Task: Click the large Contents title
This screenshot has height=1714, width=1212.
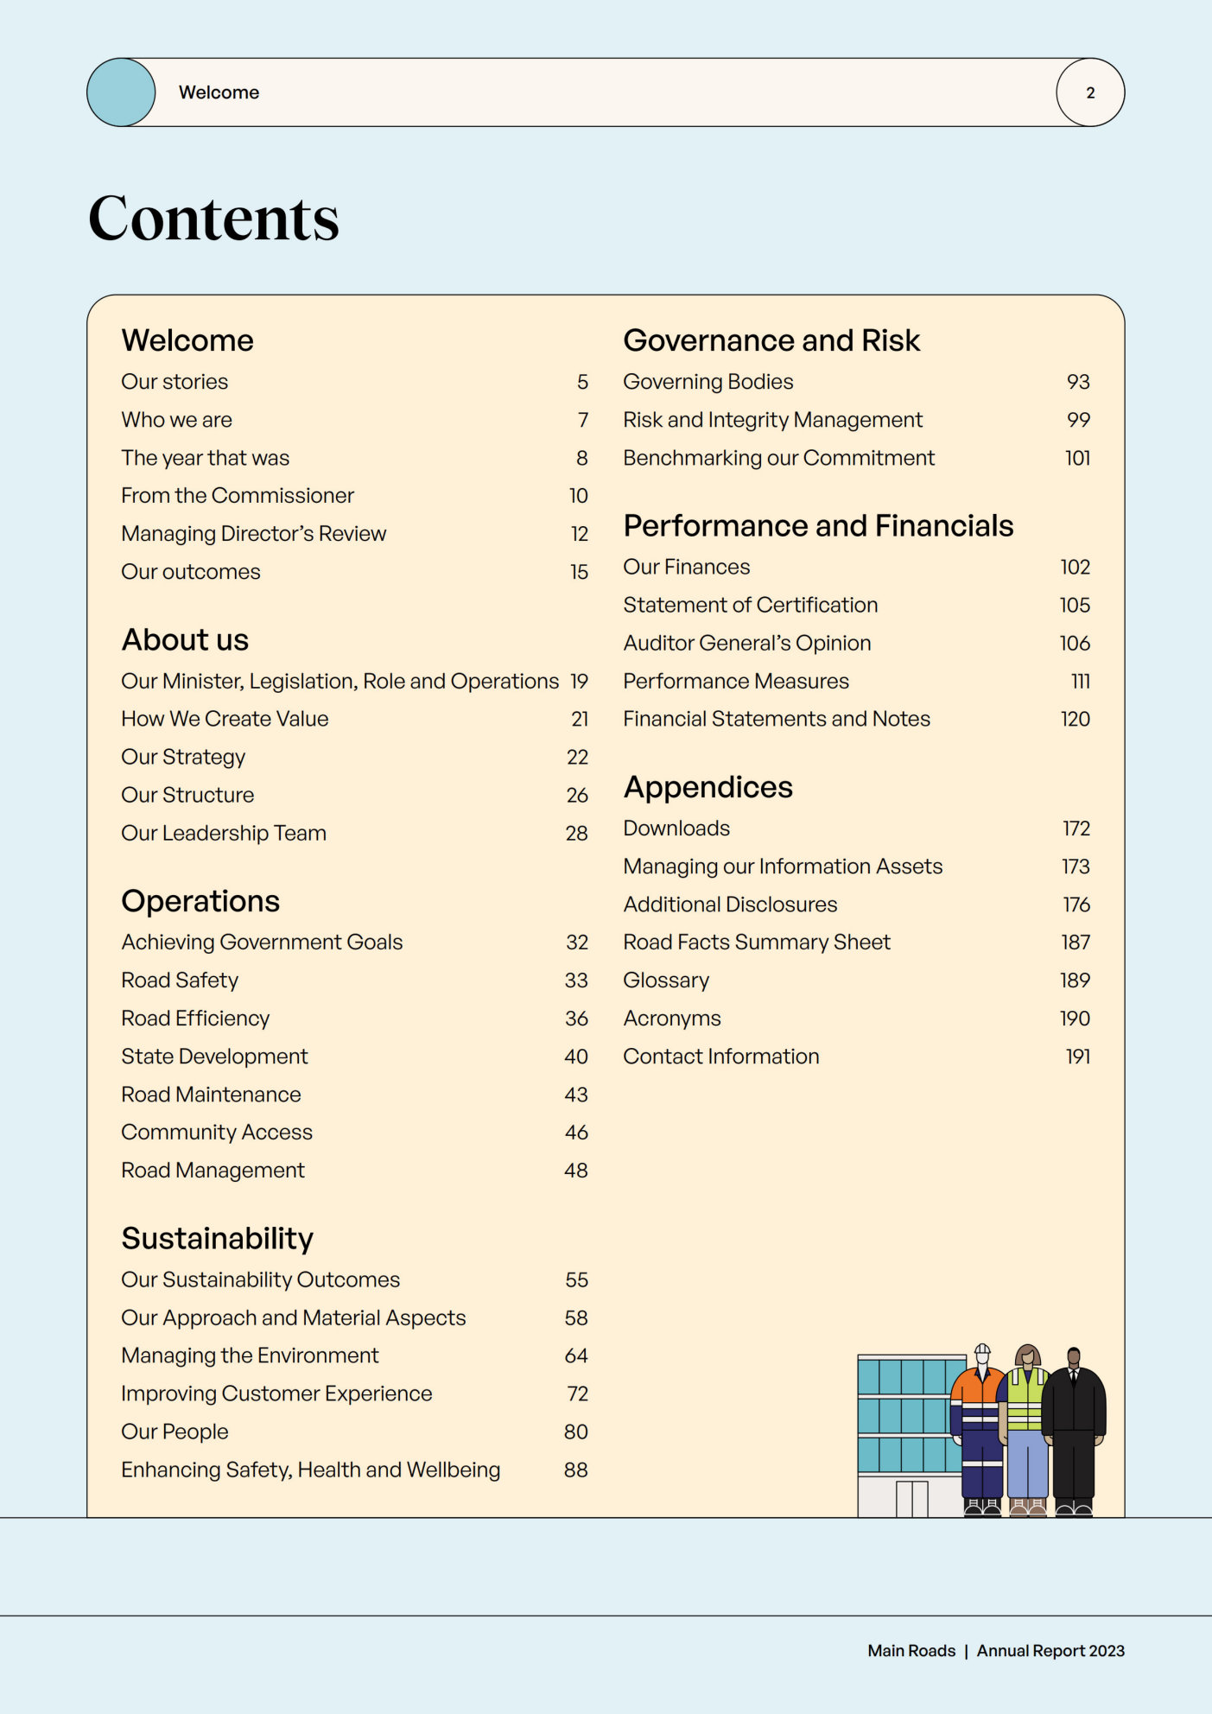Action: tap(213, 218)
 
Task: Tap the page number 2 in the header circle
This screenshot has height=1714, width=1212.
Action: tap(1090, 92)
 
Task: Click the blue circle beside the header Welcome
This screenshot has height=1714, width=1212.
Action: tap(121, 92)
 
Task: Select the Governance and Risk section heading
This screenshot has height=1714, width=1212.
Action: tap(771, 340)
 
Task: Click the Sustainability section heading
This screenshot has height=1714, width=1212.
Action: tap(217, 1238)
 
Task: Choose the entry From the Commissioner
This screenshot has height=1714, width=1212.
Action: tap(238, 496)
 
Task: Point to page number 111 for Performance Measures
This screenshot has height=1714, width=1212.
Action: tap(1080, 682)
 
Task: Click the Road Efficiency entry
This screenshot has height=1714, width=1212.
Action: tap(195, 1019)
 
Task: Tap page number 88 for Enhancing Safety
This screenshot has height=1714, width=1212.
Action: tap(576, 1470)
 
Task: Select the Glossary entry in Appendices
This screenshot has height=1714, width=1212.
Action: tap(666, 981)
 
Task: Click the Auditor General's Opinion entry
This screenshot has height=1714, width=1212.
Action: tap(747, 644)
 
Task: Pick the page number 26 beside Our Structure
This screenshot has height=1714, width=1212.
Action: tap(577, 796)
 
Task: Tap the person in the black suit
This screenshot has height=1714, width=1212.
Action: tap(1074, 1425)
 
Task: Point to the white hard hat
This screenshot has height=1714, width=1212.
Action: tap(982, 1351)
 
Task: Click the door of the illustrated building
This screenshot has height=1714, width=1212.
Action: tap(911, 1499)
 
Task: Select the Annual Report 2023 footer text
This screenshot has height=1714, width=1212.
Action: tap(1050, 1651)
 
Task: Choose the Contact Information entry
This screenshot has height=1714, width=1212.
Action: tap(721, 1057)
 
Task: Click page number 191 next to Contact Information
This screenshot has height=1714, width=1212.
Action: tap(1077, 1057)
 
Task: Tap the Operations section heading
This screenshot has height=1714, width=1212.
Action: tap(200, 901)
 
